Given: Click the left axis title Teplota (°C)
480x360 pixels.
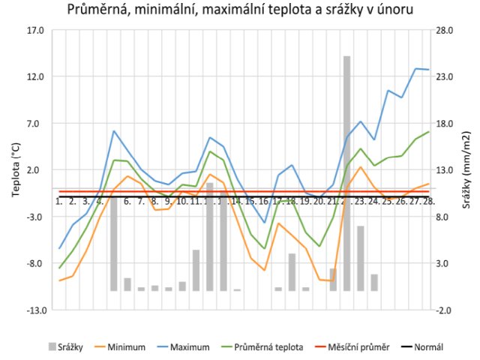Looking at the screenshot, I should (16, 169).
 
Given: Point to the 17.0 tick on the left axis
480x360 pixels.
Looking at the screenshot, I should (36, 31).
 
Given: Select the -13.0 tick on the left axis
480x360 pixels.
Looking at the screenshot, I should (34, 310).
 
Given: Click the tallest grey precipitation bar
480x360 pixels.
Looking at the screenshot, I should (347, 172).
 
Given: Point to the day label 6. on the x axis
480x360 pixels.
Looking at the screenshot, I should (127, 201).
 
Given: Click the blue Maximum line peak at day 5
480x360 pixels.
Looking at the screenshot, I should (114, 131).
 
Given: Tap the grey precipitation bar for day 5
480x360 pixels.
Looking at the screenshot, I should (114, 240).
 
